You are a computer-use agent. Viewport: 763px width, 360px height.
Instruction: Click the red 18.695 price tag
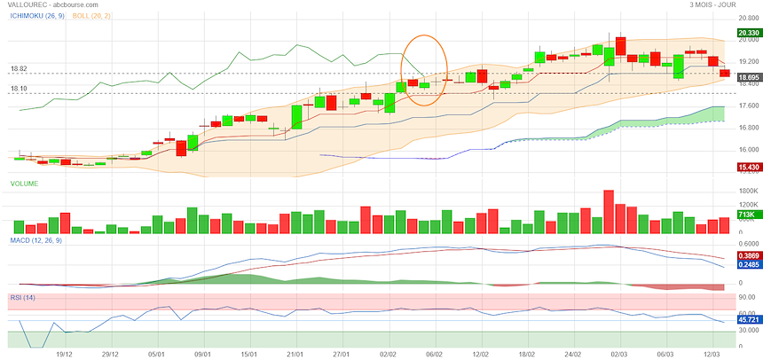tap(744, 78)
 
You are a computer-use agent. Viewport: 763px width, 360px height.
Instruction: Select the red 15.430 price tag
tap(744, 167)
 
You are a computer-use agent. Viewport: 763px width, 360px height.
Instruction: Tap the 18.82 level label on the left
tap(19, 68)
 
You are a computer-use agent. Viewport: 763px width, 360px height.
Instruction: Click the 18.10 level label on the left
tap(19, 89)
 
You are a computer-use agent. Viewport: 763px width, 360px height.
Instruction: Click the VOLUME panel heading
tap(24, 184)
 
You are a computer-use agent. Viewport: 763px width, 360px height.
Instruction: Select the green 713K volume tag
tap(744, 215)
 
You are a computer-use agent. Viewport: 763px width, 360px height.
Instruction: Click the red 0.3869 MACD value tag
tap(744, 255)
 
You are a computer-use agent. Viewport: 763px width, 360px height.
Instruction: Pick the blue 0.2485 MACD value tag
tap(744, 264)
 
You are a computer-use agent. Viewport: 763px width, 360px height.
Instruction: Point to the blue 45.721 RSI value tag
tap(744, 320)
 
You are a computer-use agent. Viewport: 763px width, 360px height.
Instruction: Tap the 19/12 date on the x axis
tap(64, 353)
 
